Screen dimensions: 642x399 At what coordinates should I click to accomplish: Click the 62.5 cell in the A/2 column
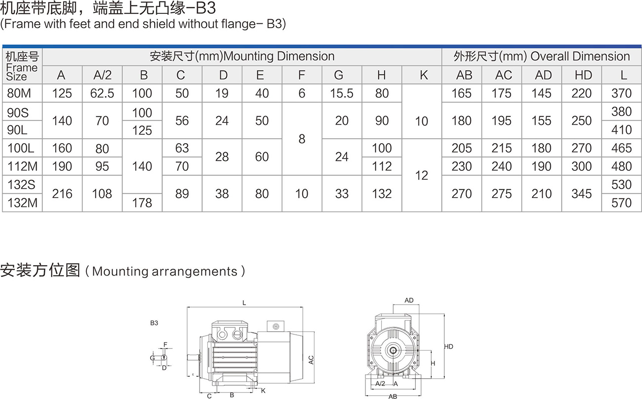[x=102, y=93]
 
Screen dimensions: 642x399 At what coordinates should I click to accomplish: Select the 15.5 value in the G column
[x=342, y=93]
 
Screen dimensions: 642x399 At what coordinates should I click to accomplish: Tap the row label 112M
[x=22, y=166]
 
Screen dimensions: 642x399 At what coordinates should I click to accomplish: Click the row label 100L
[x=21, y=148]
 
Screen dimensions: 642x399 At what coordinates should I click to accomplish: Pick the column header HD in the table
[x=583, y=75]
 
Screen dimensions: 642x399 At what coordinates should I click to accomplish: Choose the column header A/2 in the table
[x=102, y=75]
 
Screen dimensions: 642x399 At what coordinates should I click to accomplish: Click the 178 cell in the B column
[x=142, y=203]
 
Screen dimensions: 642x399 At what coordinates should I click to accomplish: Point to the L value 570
[x=621, y=203]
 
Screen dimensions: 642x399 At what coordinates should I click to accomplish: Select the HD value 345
[x=582, y=194]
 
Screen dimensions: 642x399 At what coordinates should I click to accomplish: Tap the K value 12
[x=422, y=175]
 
